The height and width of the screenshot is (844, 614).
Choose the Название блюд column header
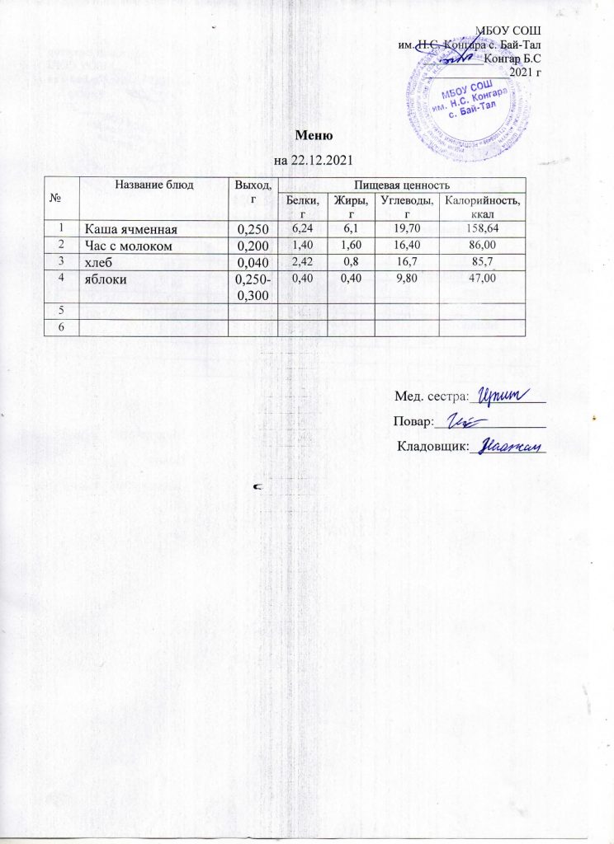[155, 185]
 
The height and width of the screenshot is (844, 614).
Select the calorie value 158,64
[482, 227]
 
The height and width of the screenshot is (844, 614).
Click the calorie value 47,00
[482, 279]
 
